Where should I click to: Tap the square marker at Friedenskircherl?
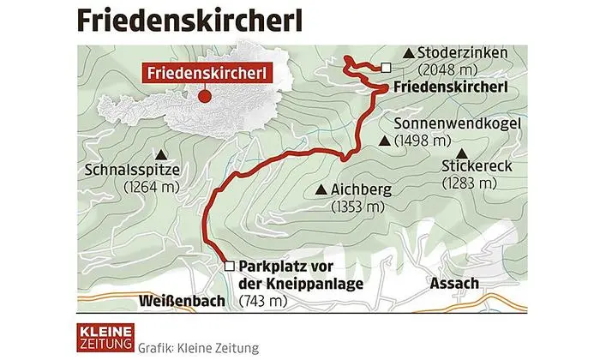click(x=387, y=68)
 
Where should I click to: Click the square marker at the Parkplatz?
click(x=228, y=266)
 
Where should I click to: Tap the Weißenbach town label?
click(x=181, y=301)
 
